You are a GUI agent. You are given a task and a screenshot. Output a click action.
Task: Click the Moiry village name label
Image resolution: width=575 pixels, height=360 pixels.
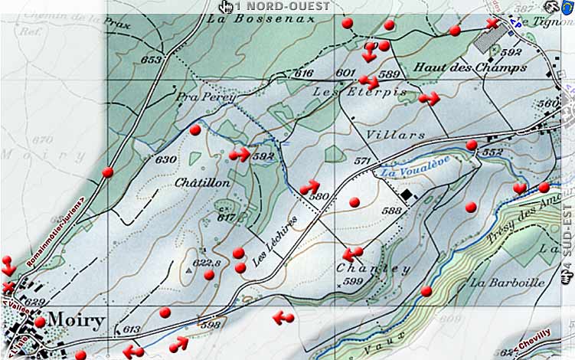pos(76,318)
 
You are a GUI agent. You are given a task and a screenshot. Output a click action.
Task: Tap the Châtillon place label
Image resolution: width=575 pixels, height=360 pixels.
pos(202,184)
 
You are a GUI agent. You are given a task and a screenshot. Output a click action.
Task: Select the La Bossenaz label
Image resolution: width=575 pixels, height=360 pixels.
pos(250,21)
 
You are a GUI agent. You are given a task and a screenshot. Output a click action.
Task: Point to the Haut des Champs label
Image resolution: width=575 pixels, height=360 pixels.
pos(470,67)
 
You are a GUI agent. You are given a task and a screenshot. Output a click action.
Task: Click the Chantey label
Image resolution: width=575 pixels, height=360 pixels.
pos(373,269)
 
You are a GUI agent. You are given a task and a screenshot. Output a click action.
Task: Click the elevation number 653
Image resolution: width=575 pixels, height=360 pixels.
pos(152,60)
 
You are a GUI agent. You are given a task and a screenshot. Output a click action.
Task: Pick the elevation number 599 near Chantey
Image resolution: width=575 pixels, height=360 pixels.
pos(353,283)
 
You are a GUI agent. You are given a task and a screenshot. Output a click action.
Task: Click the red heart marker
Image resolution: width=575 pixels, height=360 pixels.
pos(520,188)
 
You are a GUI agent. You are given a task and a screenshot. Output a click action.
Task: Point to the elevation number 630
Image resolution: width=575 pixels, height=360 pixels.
pos(165,160)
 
